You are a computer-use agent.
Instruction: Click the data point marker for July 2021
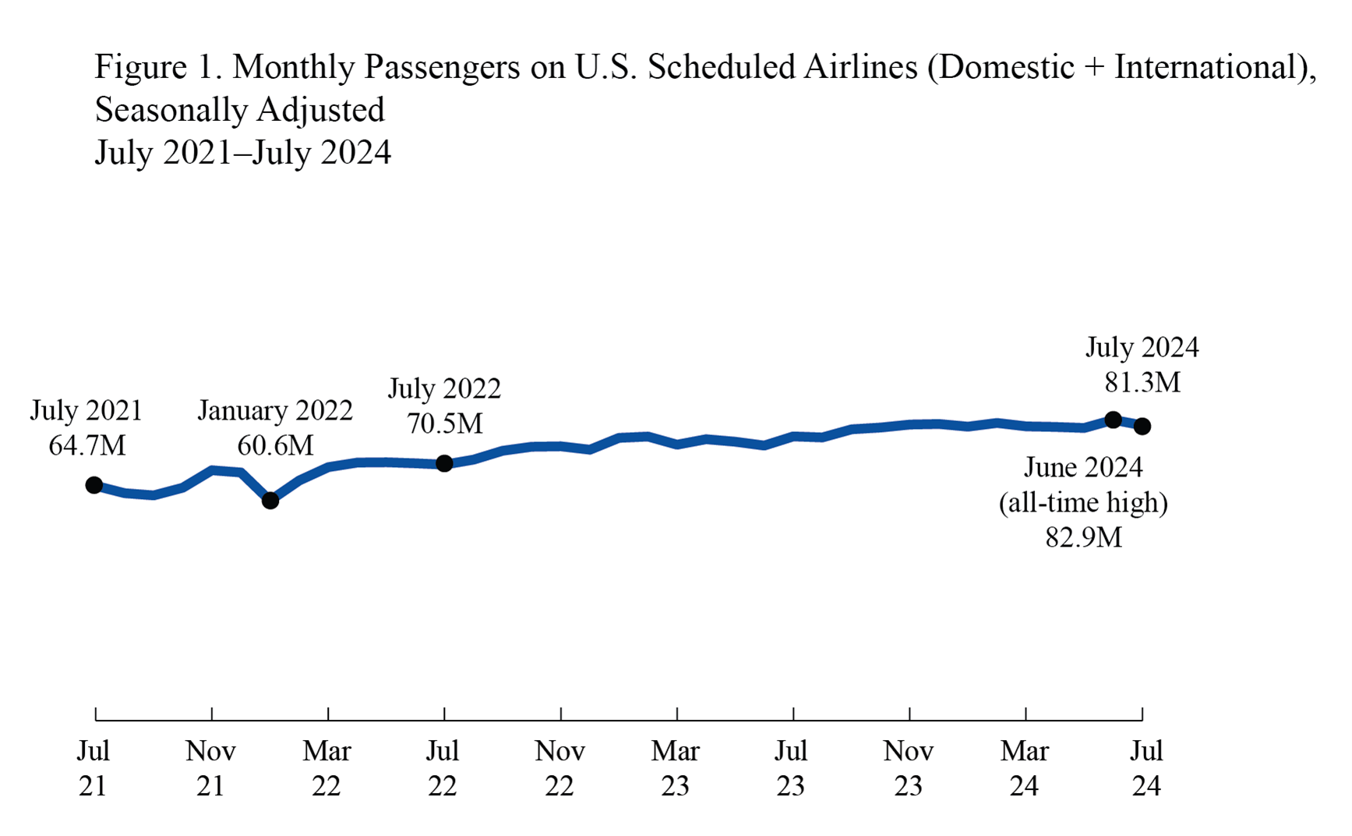tap(94, 485)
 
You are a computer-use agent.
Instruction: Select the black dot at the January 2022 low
tap(270, 501)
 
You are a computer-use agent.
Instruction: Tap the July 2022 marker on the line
tap(444, 463)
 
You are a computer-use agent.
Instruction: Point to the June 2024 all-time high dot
tap(1114, 420)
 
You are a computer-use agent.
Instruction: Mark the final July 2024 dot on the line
tap(1142, 426)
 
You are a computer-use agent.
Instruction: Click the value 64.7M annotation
tap(86, 445)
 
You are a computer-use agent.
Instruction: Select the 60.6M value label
tap(275, 445)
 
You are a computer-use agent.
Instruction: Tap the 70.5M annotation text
tap(444, 423)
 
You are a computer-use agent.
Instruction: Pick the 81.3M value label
tap(1142, 382)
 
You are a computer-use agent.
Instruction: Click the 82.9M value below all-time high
tap(1083, 537)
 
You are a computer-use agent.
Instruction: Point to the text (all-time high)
tap(1083, 502)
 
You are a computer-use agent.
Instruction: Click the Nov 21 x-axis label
tap(210, 768)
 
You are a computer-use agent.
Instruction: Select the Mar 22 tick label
tap(327, 768)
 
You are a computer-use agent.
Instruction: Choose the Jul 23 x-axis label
tap(791, 768)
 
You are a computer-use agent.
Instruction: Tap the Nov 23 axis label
tap(908, 768)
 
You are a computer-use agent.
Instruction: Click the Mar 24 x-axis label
tap(1024, 768)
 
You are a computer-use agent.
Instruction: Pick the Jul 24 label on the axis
tap(1146, 768)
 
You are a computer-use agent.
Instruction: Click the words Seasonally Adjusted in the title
tap(239, 110)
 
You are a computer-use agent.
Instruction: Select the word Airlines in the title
tap(860, 67)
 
